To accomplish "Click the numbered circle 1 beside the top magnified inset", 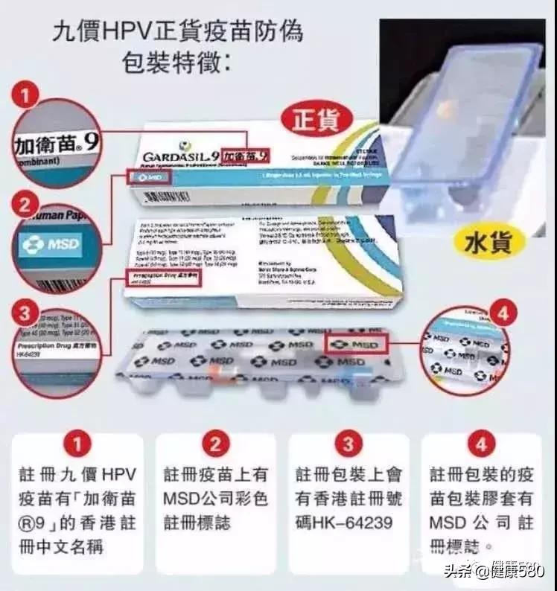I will [x=28, y=97].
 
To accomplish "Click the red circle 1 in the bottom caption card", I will [x=77, y=445].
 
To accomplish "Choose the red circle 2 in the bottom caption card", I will [x=214, y=445].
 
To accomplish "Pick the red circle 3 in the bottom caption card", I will [x=348, y=445].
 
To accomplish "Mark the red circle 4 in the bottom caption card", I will [x=481, y=445].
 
